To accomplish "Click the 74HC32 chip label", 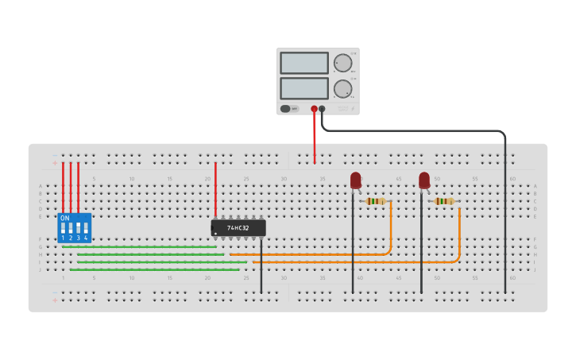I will pyautogui.click(x=238, y=228).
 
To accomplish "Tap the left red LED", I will pyautogui.click(x=355, y=180).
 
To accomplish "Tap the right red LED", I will pyautogui.click(x=424, y=180).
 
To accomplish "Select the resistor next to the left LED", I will pyautogui.click(x=375, y=201).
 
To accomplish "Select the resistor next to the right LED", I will pyautogui.click(x=443, y=201).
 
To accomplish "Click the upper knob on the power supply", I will pyautogui.click(x=342, y=64).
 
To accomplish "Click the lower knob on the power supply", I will pyautogui.click(x=342, y=88).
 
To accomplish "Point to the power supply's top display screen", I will pyautogui.click(x=303, y=63).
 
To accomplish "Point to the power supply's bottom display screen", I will pyautogui.click(x=303, y=87).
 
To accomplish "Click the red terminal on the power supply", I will pyautogui.click(x=314, y=109).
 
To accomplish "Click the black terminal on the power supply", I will pyautogui.click(x=322, y=109).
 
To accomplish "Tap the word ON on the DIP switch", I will pyautogui.click(x=64, y=218).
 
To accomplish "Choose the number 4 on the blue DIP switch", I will pyautogui.click(x=86, y=238).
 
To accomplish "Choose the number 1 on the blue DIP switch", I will pyautogui.click(x=63, y=238).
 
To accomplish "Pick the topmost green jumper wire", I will pyautogui.click(x=139, y=246).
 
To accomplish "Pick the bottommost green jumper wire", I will pyautogui.click(x=154, y=269).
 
